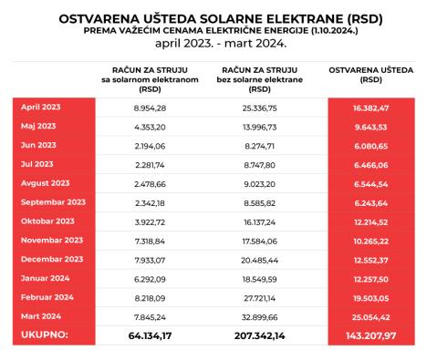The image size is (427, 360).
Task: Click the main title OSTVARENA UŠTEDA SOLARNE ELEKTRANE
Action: pyautogui.click(x=213, y=17)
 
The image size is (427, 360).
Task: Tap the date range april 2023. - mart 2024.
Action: pyautogui.click(x=213, y=43)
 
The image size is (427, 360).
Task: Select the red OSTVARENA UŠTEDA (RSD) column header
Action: pyautogui.click(x=371, y=78)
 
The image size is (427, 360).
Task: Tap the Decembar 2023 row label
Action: pyautogui.click(x=51, y=259)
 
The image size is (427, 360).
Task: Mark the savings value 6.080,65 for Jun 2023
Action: pyautogui.click(x=371, y=146)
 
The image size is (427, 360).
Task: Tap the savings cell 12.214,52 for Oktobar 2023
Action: pyautogui.click(x=371, y=221)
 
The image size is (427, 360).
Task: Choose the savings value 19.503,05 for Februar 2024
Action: pyautogui.click(x=371, y=297)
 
